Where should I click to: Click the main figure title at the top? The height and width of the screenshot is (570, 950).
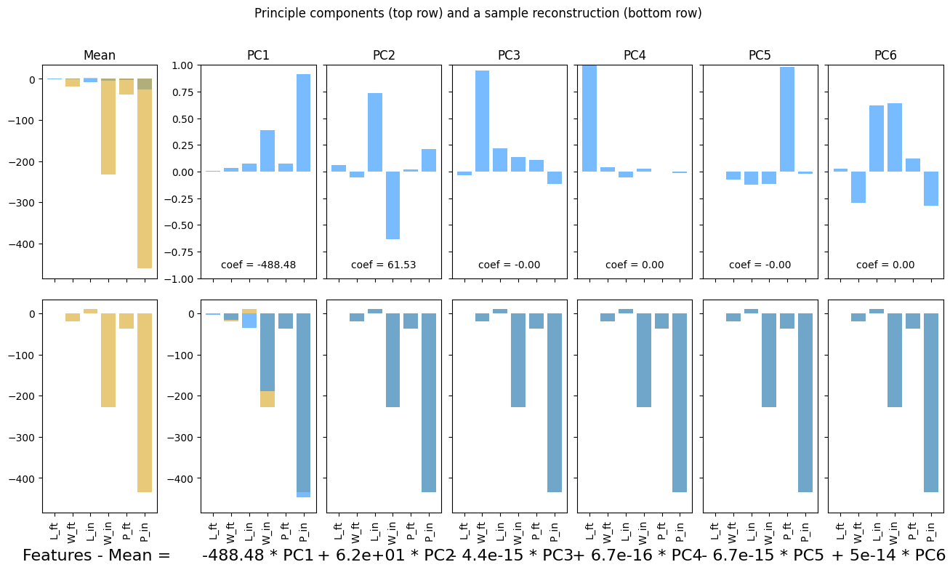tap(478, 13)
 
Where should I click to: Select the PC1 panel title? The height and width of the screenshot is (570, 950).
tap(258, 55)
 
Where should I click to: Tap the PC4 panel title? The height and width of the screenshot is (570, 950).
tap(635, 55)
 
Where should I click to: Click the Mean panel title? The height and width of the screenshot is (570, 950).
tap(100, 55)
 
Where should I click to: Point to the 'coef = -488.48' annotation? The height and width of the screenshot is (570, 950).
tap(258, 265)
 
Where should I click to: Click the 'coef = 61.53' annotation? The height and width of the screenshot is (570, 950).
tap(384, 265)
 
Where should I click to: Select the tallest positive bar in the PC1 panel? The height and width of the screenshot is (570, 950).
tap(303, 123)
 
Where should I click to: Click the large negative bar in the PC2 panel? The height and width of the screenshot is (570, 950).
tap(393, 205)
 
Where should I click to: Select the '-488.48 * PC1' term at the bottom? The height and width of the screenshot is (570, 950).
tap(258, 555)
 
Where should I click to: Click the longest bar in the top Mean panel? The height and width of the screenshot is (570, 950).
tap(145, 174)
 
